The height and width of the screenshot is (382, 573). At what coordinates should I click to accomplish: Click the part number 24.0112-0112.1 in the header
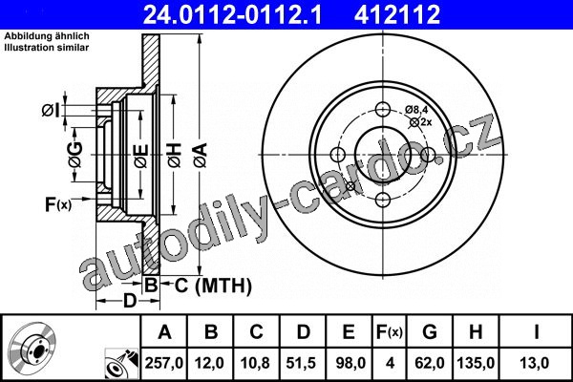[233, 14]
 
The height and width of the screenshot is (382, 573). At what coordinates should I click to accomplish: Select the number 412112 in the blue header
[397, 14]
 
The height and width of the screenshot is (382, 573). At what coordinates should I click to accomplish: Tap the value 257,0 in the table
[163, 363]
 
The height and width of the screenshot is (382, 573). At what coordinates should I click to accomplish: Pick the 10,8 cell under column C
[255, 363]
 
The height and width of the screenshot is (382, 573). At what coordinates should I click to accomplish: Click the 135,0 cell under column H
[476, 363]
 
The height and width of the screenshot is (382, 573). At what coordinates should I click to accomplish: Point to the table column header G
[430, 332]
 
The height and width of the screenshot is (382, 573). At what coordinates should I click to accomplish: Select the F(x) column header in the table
[390, 332]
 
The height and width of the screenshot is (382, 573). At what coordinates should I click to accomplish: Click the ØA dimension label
[201, 156]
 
